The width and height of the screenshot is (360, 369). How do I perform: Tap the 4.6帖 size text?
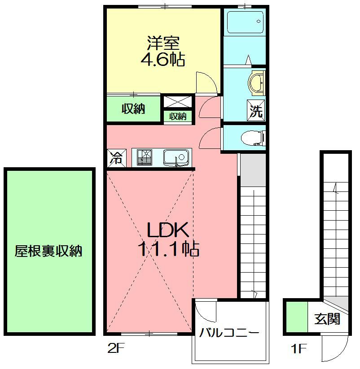tap(163, 60)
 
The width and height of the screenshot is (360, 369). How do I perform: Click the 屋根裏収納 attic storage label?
tap(48, 251)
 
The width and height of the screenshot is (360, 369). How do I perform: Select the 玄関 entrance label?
tap(327, 319)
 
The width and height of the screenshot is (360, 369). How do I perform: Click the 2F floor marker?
tap(115, 348)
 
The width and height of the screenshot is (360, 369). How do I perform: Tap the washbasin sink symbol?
tap(256, 82)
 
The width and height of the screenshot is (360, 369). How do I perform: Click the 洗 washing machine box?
tap(256, 111)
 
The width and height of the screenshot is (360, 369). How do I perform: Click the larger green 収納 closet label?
tap(133, 109)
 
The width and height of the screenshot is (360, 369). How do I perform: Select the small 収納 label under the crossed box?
tap(178, 116)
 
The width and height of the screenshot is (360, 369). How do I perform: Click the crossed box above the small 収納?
tap(178, 102)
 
